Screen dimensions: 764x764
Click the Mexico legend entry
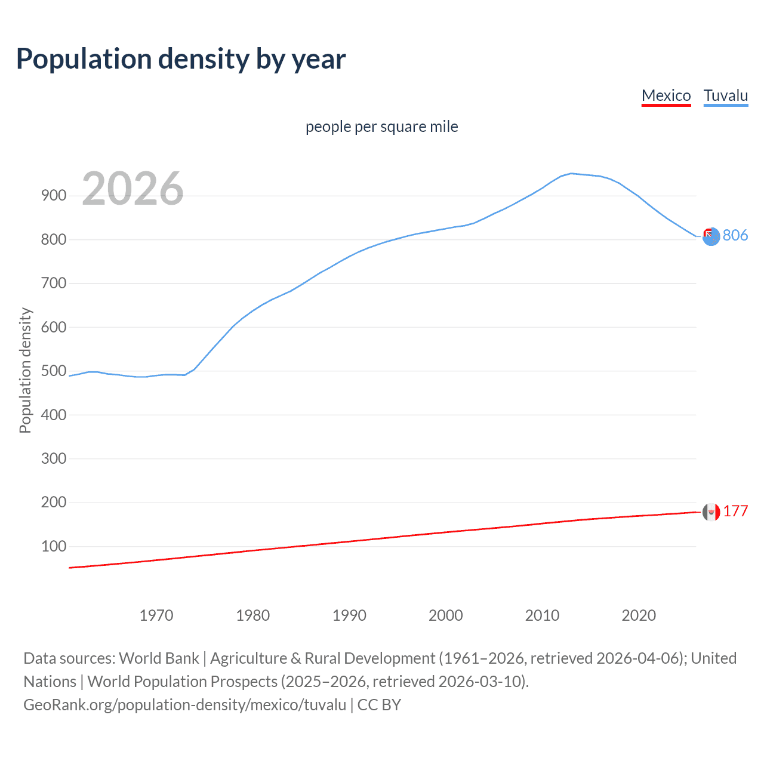[666, 95]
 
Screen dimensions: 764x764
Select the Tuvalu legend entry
[726, 95]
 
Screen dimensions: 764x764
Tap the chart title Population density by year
[181, 59]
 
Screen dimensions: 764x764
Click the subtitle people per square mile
[381, 127]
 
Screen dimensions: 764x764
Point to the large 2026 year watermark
[133, 189]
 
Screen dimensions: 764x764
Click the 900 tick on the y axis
[53, 196]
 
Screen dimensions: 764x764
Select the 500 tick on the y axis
[53, 371]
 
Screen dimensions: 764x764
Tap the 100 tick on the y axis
[53, 546]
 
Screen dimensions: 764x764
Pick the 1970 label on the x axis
[156, 615]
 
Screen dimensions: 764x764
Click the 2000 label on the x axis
[446, 615]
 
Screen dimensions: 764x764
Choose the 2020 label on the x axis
[639, 615]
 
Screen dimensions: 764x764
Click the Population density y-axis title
[25, 370]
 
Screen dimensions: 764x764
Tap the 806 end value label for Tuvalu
[735, 235]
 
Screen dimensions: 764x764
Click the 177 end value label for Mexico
[735, 512]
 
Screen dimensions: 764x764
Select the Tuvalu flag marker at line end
[711, 237]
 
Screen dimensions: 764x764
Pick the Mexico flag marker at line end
[711, 512]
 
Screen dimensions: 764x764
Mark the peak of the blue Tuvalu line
[571, 174]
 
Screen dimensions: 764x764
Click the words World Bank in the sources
[159, 658]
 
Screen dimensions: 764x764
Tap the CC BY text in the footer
[379, 705]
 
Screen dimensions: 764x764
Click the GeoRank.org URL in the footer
[184, 705]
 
